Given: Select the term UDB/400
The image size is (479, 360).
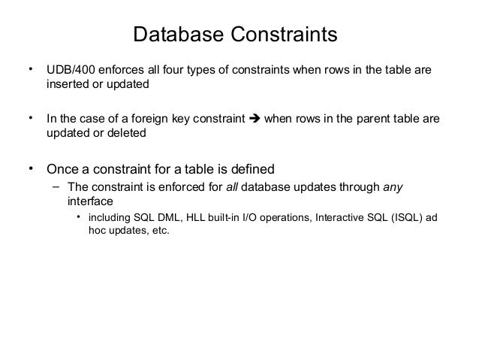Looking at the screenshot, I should pos(70,71).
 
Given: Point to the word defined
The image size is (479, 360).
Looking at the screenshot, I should pos(253,167).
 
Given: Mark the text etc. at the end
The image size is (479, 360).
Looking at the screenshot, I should pos(159,231).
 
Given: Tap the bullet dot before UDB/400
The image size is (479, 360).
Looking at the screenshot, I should pos(31,71).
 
